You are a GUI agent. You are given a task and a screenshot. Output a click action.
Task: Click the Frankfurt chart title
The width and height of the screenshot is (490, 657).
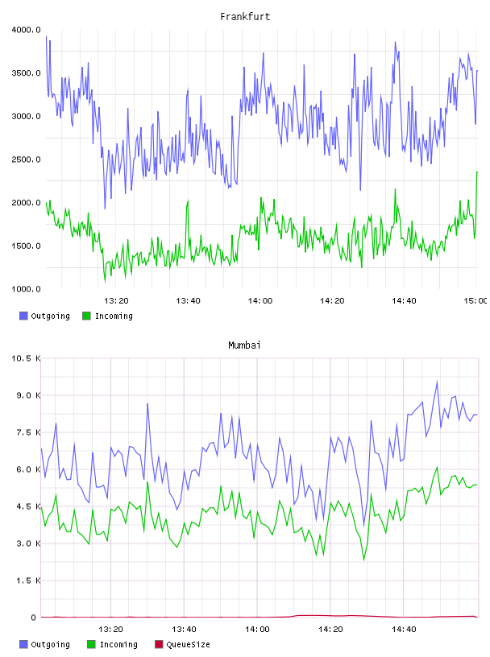point(245,17)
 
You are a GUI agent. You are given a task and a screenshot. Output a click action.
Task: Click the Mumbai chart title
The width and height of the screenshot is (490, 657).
point(244,345)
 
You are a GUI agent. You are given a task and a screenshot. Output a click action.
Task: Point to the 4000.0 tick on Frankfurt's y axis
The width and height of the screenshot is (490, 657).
point(26,30)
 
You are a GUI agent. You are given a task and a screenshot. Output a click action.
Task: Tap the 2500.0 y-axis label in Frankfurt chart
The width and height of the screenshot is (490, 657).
point(26,159)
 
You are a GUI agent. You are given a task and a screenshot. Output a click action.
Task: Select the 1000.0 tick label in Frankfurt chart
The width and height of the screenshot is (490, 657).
point(26,289)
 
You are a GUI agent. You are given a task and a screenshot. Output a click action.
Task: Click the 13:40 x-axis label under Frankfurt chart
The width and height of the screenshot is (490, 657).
point(188,301)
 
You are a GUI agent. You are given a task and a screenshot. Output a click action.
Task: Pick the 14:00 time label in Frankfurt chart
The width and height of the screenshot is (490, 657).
point(260,301)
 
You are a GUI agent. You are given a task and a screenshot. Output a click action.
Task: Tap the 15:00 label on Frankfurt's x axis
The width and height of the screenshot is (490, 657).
point(475,301)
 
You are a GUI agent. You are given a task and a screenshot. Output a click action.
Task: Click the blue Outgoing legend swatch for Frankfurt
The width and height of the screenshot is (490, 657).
point(23,316)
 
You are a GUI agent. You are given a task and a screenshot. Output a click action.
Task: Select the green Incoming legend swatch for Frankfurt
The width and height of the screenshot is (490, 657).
point(86,316)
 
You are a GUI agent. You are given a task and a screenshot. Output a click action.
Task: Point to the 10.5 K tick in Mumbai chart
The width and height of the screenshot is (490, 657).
point(26,358)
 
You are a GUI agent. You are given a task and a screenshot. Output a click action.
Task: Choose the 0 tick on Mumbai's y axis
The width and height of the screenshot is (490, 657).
point(34,618)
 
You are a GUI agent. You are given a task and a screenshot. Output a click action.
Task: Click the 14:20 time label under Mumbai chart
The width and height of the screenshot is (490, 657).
point(330,630)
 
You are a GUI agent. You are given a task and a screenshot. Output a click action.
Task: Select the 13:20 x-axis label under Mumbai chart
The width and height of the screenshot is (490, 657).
point(110,630)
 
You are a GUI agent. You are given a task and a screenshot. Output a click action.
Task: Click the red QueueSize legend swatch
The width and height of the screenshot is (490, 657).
point(159,644)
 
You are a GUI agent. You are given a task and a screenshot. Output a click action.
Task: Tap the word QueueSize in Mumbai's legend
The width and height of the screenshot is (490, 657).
point(188,644)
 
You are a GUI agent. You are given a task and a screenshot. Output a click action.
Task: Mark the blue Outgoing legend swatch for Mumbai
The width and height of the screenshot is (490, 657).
point(23,644)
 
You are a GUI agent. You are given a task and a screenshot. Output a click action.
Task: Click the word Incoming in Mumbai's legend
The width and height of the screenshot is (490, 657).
point(118,644)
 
